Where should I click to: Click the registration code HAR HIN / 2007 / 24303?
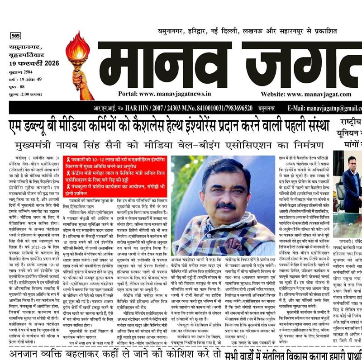[154, 109]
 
